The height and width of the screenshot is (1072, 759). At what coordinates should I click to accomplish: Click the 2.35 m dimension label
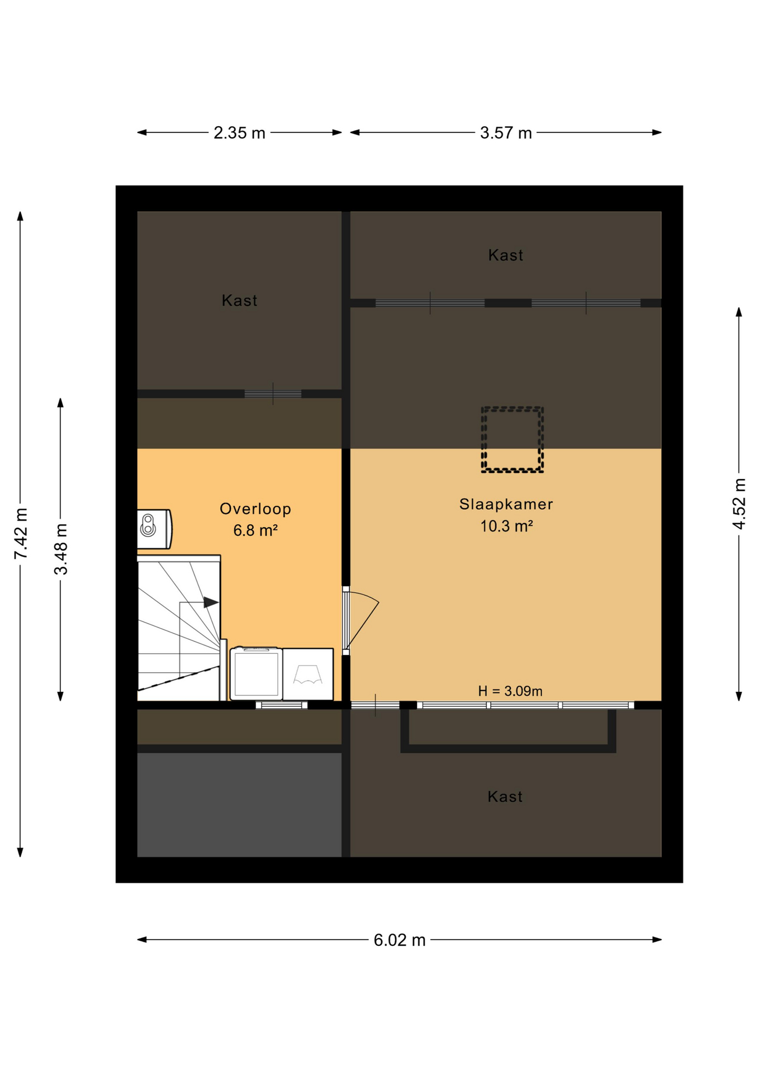[x=239, y=133]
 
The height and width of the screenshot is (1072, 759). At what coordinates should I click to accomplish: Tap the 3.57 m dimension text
[x=506, y=133]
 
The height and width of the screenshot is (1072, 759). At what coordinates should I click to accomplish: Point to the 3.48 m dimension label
[x=61, y=549]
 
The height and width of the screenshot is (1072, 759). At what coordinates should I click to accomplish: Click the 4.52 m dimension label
[x=739, y=504]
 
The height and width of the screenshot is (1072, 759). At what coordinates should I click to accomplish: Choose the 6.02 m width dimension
[x=400, y=940]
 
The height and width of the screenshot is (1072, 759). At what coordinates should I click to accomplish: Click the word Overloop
[x=255, y=509]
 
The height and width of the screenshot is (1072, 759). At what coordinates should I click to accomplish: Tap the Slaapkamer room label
[x=506, y=504]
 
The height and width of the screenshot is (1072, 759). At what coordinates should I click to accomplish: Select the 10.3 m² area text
[x=506, y=526]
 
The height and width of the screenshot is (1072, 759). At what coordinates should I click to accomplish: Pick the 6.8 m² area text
[x=255, y=530]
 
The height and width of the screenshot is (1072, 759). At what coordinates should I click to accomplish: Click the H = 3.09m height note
[x=510, y=691]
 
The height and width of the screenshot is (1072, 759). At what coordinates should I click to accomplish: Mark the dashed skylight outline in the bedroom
[x=513, y=408]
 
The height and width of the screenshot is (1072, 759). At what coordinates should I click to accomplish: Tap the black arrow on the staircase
[x=211, y=602]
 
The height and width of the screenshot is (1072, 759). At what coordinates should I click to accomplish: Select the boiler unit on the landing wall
[x=154, y=528]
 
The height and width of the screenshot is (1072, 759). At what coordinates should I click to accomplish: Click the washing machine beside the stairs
[x=257, y=673]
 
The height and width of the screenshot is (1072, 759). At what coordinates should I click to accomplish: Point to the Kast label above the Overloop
[x=240, y=300]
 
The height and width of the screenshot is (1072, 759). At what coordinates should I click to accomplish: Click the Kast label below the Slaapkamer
[x=505, y=797]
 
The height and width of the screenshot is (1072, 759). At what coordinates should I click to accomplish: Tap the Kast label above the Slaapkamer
[x=506, y=255]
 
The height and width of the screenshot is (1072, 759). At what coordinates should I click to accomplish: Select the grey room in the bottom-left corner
[x=239, y=805]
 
